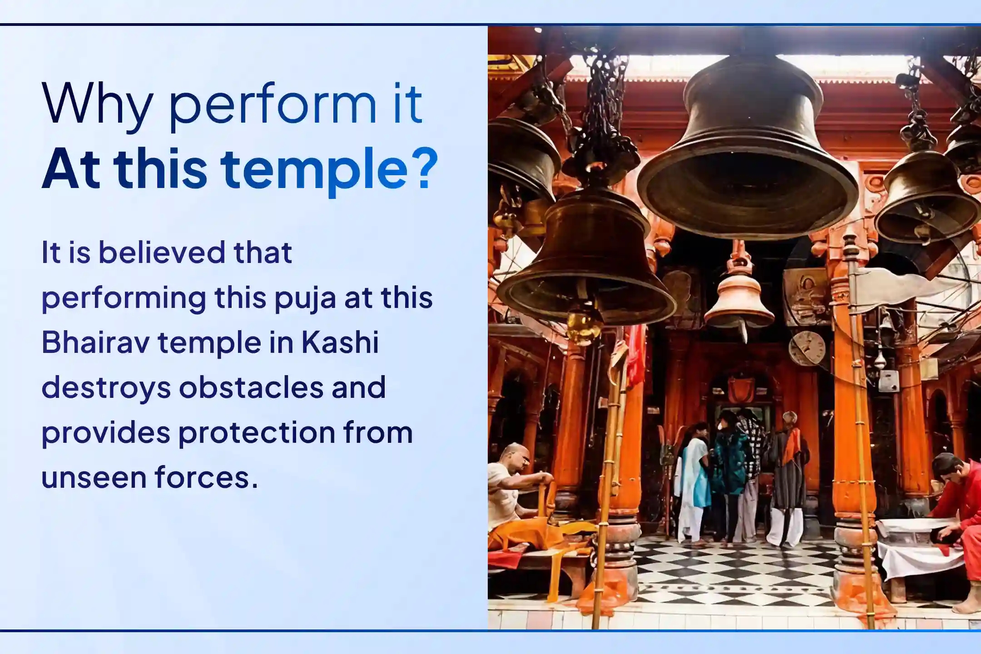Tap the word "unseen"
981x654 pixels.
(x=93, y=477)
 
